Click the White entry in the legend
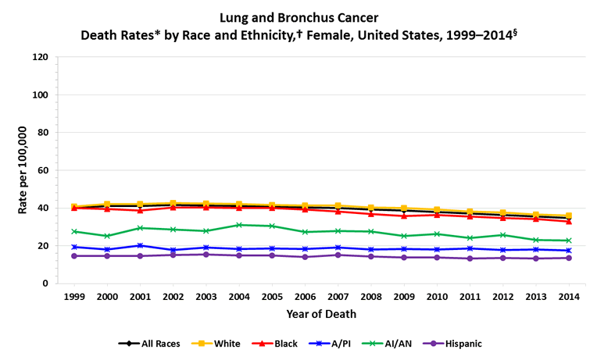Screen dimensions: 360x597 pyautogui.click(x=221, y=343)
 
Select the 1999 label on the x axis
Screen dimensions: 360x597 pyautogui.click(x=74, y=298)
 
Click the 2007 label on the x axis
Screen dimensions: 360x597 pyautogui.click(x=338, y=298)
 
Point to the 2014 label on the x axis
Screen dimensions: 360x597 pyautogui.click(x=568, y=298)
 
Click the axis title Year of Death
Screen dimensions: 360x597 pyautogui.click(x=321, y=314)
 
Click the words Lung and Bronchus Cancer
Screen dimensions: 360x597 pyautogui.click(x=299, y=16)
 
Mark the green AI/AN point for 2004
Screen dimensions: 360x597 pyautogui.click(x=239, y=225)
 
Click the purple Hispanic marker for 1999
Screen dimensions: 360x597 pyautogui.click(x=74, y=256)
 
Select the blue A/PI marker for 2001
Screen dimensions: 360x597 pyautogui.click(x=140, y=245)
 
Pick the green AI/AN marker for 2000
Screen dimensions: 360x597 pyautogui.click(x=107, y=236)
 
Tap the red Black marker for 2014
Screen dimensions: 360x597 pyautogui.click(x=568, y=221)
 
